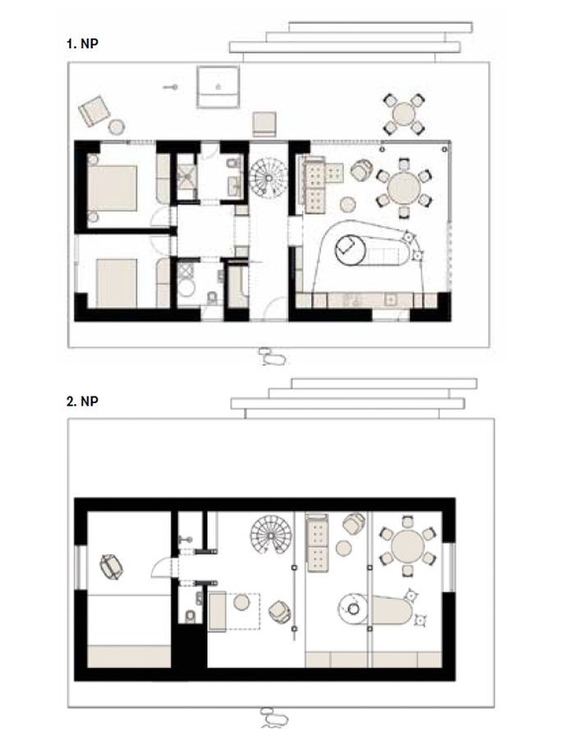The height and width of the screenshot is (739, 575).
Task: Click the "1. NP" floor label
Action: (x=82, y=44)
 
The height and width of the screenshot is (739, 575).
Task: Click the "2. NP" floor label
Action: (x=82, y=402)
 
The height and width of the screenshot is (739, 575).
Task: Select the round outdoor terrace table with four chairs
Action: (x=403, y=114)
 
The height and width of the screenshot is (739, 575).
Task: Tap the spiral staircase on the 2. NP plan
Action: (x=271, y=535)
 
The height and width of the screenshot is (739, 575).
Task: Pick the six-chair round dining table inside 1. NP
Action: (x=404, y=188)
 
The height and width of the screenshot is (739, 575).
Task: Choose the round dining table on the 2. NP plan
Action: (x=407, y=546)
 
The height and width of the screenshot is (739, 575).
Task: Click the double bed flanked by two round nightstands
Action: (x=112, y=188)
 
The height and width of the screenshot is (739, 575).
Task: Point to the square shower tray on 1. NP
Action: (x=186, y=177)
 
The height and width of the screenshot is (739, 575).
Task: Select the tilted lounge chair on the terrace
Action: (x=94, y=111)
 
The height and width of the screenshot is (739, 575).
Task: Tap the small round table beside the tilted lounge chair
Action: (x=117, y=126)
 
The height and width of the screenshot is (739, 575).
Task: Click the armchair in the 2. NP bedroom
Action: (x=111, y=567)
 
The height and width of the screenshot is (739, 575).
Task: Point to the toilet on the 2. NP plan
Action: (x=190, y=616)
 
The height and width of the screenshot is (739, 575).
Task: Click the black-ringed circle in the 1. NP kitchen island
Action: (x=351, y=250)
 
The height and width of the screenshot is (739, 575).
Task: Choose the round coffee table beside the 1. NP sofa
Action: (x=347, y=204)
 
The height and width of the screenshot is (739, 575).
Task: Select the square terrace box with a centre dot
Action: (x=218, y=87)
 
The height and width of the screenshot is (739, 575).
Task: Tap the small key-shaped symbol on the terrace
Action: (x=171, y=87)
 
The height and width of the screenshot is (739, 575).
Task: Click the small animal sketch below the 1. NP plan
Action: (x=272, y=357)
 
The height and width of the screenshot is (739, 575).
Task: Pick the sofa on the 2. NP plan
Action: (x=317, y=543)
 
